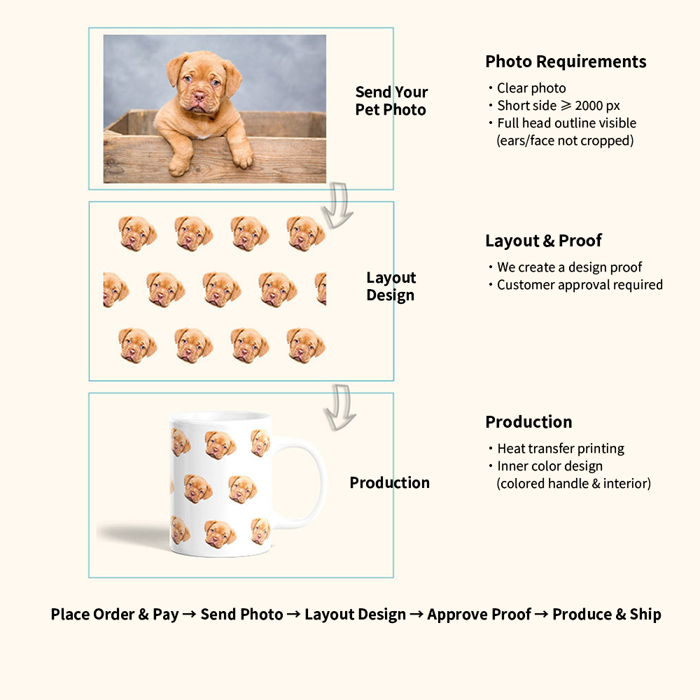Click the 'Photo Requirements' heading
566,62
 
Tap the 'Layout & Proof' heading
543,241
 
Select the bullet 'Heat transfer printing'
560,449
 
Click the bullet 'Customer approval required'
579,285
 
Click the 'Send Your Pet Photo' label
391,101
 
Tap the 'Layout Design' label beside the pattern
391,286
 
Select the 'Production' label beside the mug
389,483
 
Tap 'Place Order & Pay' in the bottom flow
114,615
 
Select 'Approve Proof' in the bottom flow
479,615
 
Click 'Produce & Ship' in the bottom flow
606,615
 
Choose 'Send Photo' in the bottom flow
241,615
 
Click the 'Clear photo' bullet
531,88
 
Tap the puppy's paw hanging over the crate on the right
242,158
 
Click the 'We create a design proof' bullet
569,267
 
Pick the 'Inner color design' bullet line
549,466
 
